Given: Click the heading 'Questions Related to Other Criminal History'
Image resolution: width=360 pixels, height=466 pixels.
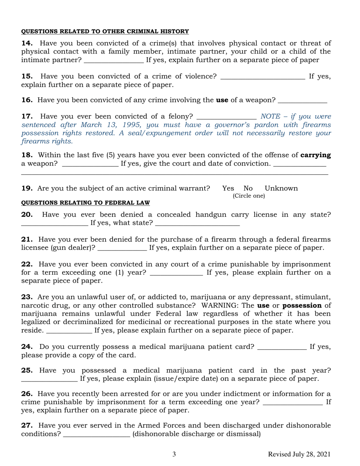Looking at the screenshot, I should pyautogui.click(x=105, y=31).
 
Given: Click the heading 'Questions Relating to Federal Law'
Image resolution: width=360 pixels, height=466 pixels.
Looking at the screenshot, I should pyautogui.click(x=85, y=203).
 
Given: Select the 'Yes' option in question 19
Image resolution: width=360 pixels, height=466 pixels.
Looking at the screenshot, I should pyautogui.click(x=228, y=188).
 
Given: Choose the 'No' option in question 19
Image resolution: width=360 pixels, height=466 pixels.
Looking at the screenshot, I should pyautogui.click(x=248, y=188).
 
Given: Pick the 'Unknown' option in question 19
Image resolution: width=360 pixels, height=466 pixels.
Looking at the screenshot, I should pyautogui.click(x=281, y=188).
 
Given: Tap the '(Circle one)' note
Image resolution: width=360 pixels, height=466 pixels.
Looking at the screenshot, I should pyautogui.click(x=249, y=196).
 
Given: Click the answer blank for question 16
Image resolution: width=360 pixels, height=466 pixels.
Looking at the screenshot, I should pyautogui.click(x=302, y=100).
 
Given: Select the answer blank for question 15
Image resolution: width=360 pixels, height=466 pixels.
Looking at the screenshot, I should pyautogui.click(x=262, y=76).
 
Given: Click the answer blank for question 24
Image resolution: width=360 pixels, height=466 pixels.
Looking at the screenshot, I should pyautogui.click(x=282, y=347).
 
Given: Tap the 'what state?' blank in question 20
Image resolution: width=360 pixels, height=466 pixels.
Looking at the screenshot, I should pyautogui.click(x=197, y=223).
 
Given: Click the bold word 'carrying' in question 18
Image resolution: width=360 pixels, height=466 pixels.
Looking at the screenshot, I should pyautogui.click(x=315, y=155).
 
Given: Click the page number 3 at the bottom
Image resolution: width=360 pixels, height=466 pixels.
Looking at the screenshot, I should pyautogui.click(x=174, y=454).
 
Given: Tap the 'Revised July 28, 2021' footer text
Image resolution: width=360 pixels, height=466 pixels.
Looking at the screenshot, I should pyautogui.click(x=299, y=454).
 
